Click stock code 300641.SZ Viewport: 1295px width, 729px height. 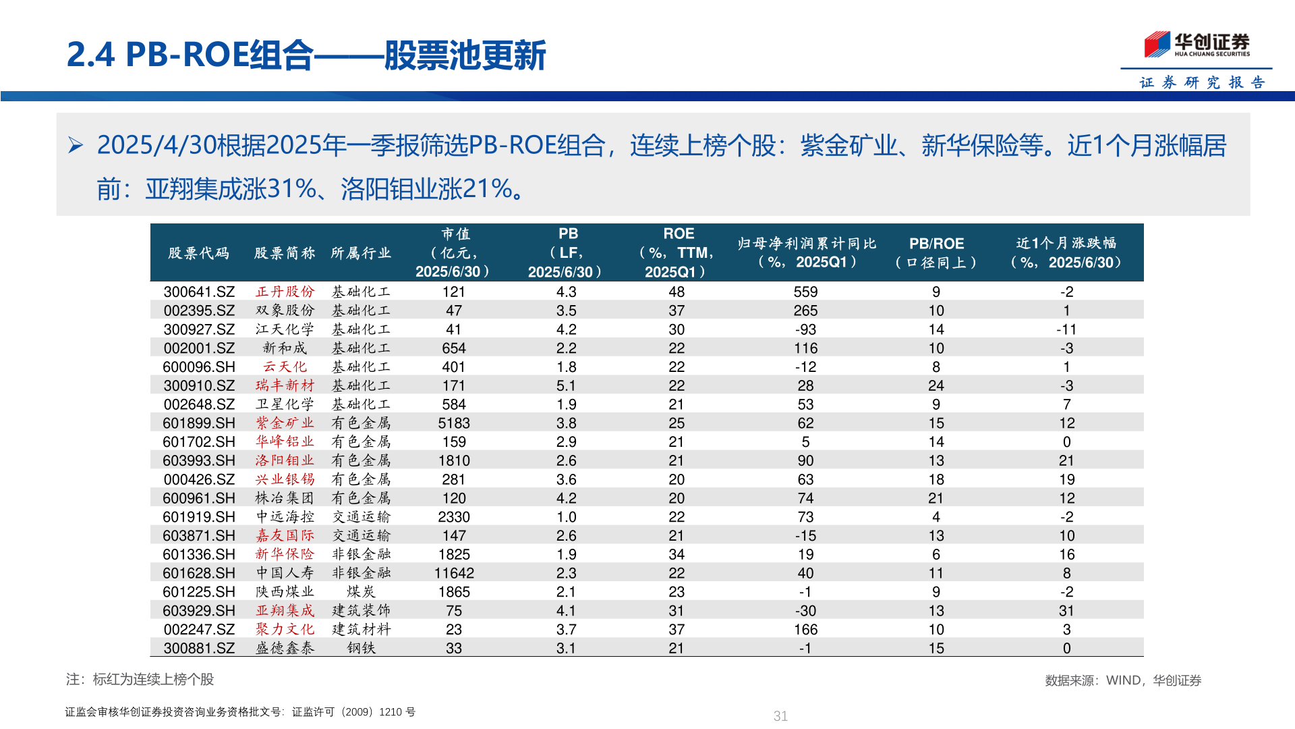pyautogui.click(x=199, y=292)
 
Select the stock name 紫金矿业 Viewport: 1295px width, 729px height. pyautogui.click(x=285, y=423)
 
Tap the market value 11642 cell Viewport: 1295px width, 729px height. pyautogui.click(x=454, y=573)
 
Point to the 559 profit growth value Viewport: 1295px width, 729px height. pyautogui.click(x=805, y=292)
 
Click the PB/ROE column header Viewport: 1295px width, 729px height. pyautogui.click(x=936, y=252)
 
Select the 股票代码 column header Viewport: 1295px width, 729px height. pyautogui.click(x=199, y=253)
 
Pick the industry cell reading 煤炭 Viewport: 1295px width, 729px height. pyautogui.click(x=361, y=592)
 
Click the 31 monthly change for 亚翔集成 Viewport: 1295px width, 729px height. pyautogui.click(x=1066, y=611)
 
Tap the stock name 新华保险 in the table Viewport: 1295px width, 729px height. pyautogui.click(x=285, y=554)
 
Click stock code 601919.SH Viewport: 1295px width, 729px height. pyautogui.click(x=199, y=517)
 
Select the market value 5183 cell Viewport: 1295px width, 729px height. pyautogui.click(x=454, y=423)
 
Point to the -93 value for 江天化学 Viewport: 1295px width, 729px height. pyautogui.click(x=805, y=329)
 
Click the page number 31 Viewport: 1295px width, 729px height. pyautogui.click(x=780, y=716)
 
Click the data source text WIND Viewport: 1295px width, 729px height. pyautogui.click(x=1122, y=680)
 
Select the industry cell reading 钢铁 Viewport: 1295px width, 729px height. pyautogui.click(x=361, y=648)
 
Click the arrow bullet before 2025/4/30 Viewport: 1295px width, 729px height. pyautogui.click(x=76, y=145)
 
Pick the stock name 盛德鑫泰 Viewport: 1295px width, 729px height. pyautogui.click(x=285, y=648)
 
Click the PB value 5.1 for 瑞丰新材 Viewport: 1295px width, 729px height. pyautogui.click(x=566, y=385)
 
